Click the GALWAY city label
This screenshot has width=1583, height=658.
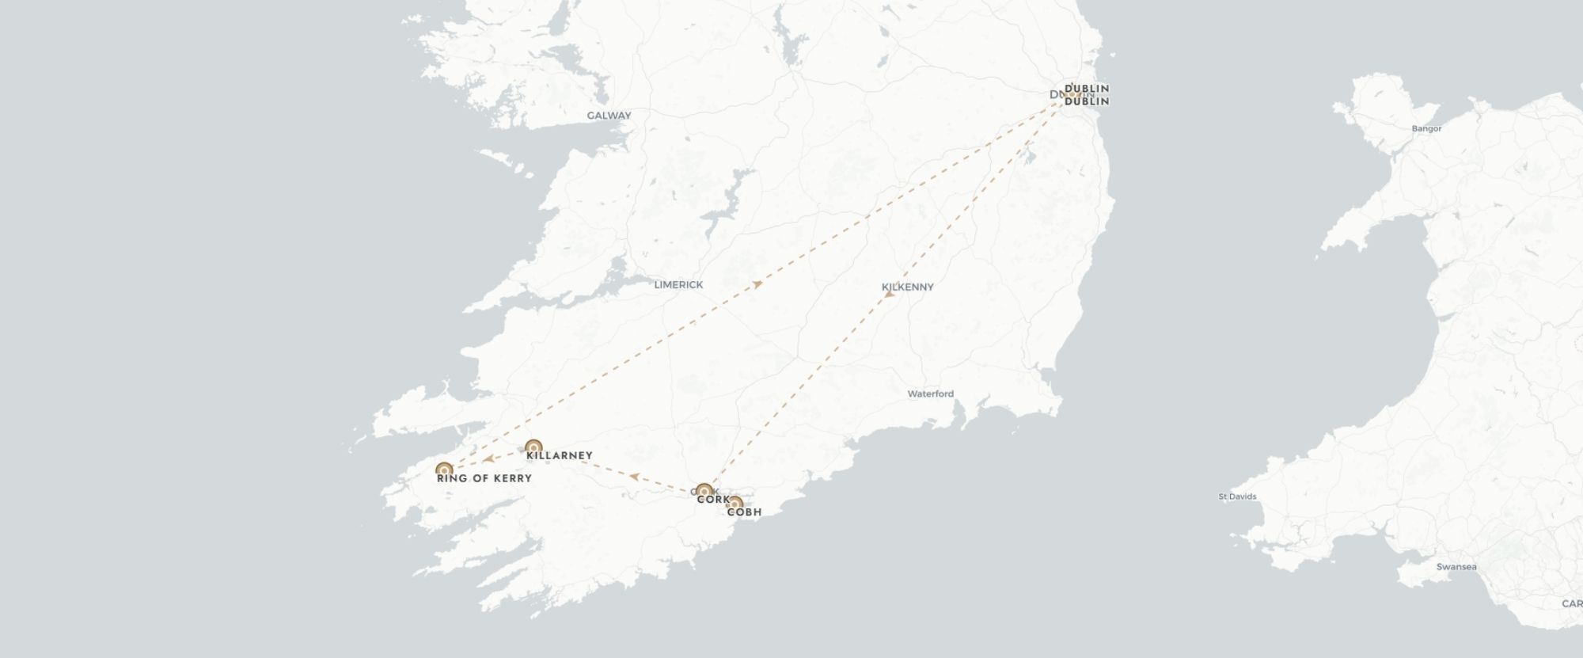[x=609, y=116]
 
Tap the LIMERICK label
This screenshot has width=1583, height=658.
[x=678, y=285]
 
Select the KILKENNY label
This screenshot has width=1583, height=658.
[x=908, y=287]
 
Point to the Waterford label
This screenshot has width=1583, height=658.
[x=930, y=394]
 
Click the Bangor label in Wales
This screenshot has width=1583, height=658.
[x=1427, y=128]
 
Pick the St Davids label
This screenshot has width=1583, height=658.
[x=1237, y=497]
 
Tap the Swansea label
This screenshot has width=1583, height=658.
[x=1456, y=567]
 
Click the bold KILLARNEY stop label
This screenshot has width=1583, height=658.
[x=560, y=456]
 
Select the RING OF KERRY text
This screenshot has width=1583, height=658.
[x=484, y=478]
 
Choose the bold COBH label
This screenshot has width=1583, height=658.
[x=744, y=512]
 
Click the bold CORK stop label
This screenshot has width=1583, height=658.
[x=713, y=500]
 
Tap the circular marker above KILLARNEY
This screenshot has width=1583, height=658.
[x=533, y=447]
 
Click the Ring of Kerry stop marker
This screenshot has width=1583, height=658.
[x=444, y=470]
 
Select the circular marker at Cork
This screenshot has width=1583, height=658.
[x=704, y=491]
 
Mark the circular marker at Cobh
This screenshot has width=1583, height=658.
[x=735, y=503]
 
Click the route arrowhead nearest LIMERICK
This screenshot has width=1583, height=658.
[x=757, y=283]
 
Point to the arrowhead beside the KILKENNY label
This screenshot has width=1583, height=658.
[x=889, y=295]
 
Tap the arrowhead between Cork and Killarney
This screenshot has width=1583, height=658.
[x=634, y=476]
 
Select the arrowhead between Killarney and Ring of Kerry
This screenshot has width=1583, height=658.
[x=488, y=458]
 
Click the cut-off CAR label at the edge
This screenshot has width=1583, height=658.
[x=1572, y=604]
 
